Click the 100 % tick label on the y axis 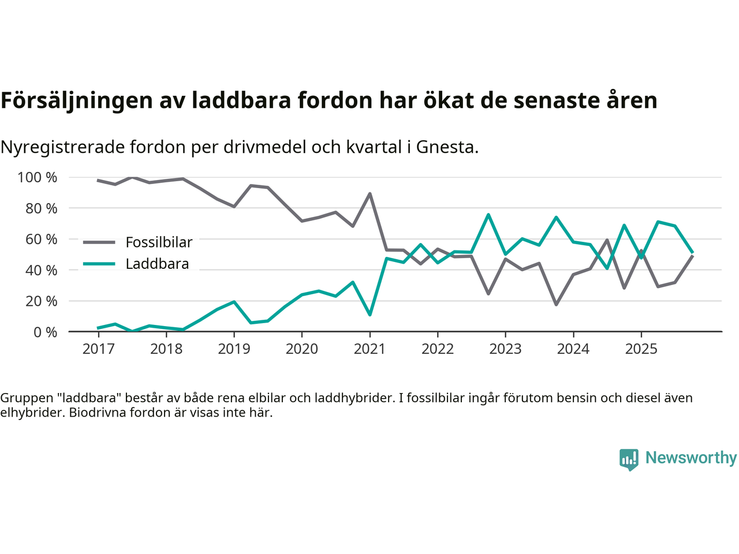point(38,177)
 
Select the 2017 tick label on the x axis point(98,349)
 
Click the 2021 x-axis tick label point(369,349)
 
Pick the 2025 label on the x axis point(641,349)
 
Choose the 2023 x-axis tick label point(505,349)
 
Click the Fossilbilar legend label point(159,242)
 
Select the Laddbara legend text point(157,264)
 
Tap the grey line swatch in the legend point(99,242)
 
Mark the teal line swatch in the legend point(99,264)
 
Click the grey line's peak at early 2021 point(369,194)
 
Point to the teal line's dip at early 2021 point(369,315)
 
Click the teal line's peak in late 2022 point(488,215)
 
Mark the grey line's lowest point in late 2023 point(556,304)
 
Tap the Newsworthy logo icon point(629,459)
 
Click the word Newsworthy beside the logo point(691,458)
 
